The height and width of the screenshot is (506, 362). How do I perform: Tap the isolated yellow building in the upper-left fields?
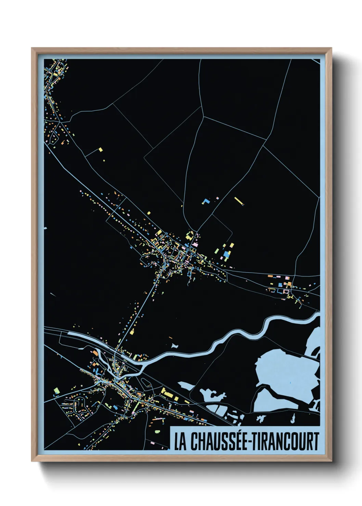[101, 149]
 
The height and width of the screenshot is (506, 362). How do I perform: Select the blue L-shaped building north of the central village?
[205, 201]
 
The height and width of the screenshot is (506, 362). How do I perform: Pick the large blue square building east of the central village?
[227, 255]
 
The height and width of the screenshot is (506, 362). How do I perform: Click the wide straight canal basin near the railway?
[86, 337]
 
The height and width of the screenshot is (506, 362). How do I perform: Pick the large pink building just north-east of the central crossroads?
[196, 245]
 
